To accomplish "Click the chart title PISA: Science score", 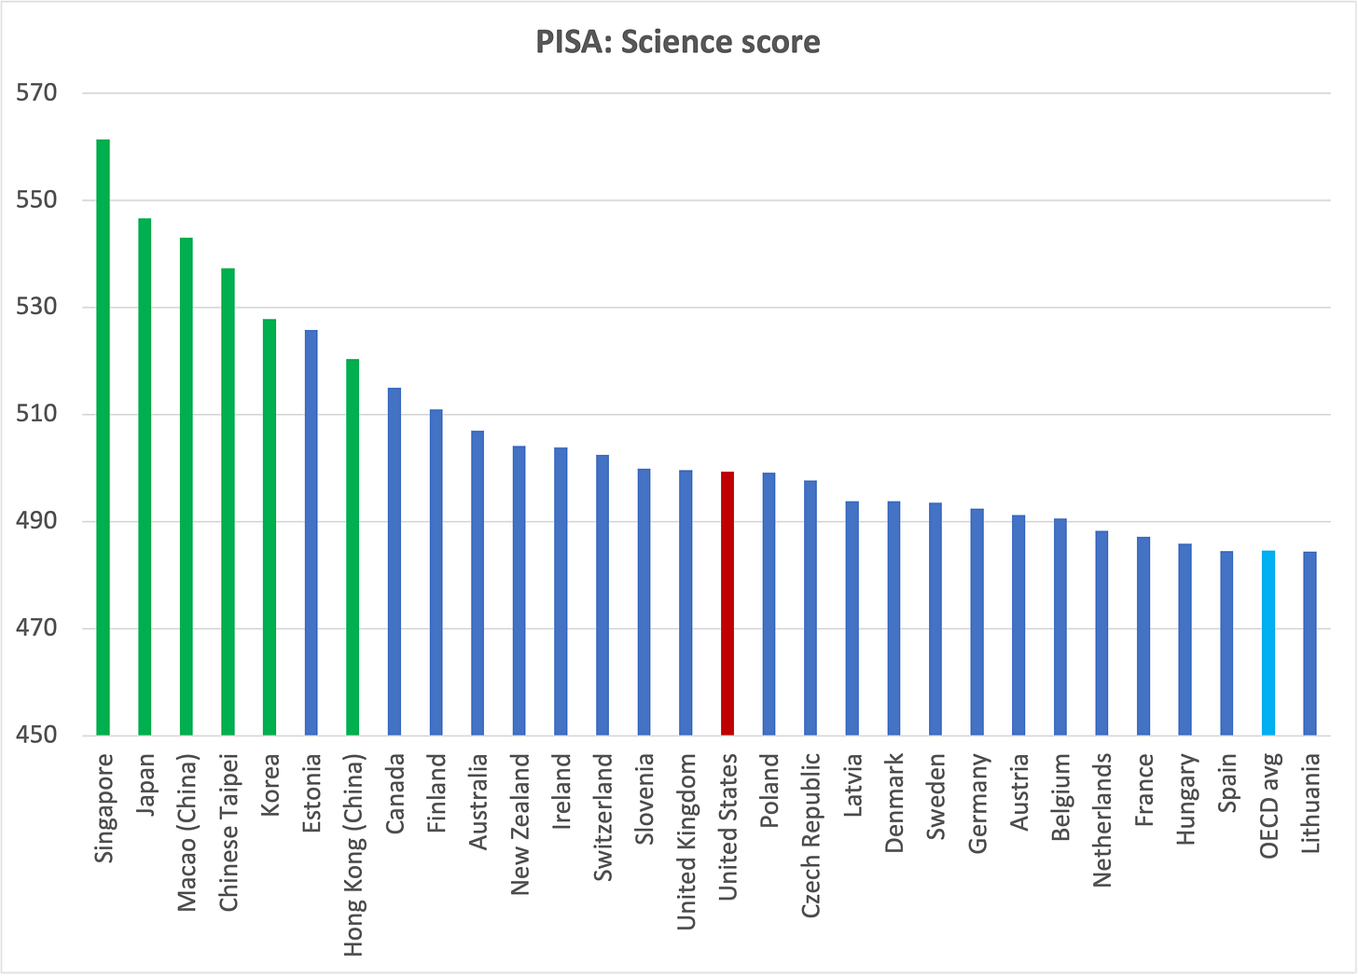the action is (678, 42).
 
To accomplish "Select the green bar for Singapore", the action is (103, 437).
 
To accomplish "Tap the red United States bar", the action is (727, 604).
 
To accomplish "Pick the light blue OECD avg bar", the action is (1268, 643).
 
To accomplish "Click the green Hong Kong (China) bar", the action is (353, 547).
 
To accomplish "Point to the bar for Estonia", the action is (311, 532).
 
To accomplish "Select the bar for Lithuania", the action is (1309, 643).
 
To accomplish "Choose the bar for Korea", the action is (270, 528).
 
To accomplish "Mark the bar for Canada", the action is (394, 562).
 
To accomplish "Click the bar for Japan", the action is (145, 477).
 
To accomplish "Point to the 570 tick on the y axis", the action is (36, 92).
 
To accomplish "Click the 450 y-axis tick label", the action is (36, 735).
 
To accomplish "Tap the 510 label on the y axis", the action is (36, 414).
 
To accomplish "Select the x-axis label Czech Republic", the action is (811, 835).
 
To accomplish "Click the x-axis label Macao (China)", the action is (187, 833).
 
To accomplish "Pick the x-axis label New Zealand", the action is (520, 824).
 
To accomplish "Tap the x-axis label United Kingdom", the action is (686, 842).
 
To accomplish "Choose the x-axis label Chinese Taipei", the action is (229, 833).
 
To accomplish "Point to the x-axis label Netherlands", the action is (1102, 820).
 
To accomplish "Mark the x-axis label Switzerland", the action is (603, 817).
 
